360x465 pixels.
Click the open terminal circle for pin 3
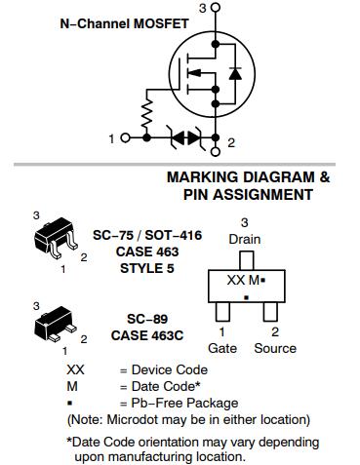tap(215, 7)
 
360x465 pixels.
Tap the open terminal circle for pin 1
tap(125, 137)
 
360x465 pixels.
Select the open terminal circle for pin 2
tap(215, 151)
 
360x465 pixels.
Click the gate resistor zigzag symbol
tap(146, 114)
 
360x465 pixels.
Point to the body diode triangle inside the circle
tap(235, 74)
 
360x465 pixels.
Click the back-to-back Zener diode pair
tap(186, 137)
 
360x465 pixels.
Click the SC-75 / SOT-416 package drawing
tap(56, 237)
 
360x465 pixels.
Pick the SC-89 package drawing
tap(55, 323)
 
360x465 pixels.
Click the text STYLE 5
tap(147, 268)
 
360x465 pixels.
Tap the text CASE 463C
tap(147, 335)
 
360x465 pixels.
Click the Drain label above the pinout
tap(245, 240)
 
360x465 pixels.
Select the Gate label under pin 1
tap(222, 348)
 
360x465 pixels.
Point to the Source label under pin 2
tap(275, 348)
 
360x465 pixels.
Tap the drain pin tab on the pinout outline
tap(246, 260)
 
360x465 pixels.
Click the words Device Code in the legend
tap(170, 369)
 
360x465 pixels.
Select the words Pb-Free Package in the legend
tap(184, 404)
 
